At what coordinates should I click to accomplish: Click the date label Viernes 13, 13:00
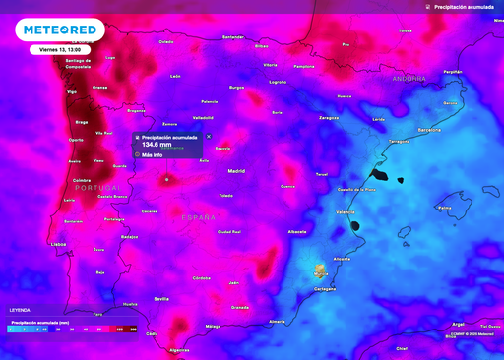click(x=61, y=48)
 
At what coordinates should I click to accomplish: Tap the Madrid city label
click(x=236, y=171)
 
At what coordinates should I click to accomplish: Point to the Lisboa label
click(x=58, y=243)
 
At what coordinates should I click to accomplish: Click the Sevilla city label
click(x=162, y=298)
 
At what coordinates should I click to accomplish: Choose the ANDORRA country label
click(x=409, y=78)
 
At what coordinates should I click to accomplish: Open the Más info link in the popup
click(x=152, y=155)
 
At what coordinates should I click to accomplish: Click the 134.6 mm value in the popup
click(x=157, y=144)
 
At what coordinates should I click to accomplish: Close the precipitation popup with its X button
click(x=209, y=137)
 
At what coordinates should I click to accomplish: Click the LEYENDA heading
click(x=20, y=308)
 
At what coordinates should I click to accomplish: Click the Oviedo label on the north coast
click(x=165, y=42)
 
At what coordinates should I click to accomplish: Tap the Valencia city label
click(x=346, y=212)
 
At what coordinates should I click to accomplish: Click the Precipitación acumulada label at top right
click(x=469, y=7)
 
